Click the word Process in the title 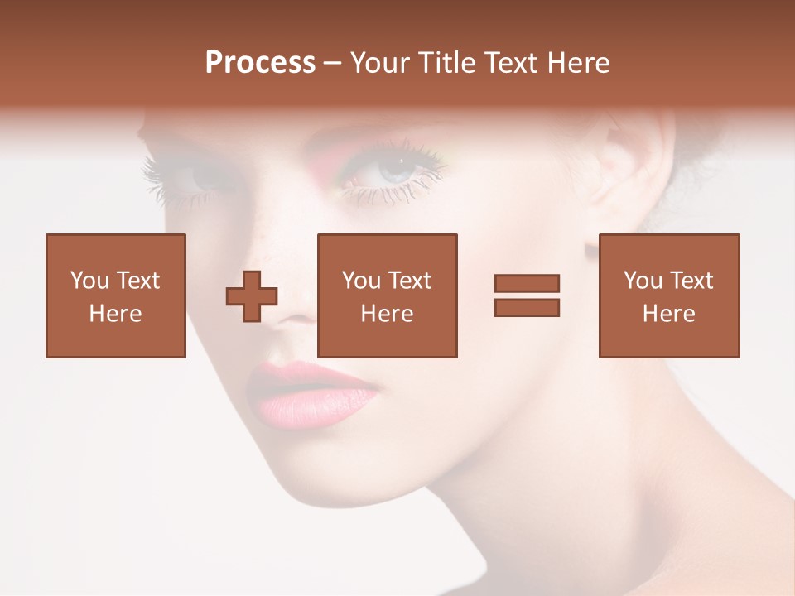click(x=260, y=63)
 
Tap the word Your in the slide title click(x=380, y=63)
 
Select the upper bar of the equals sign click(x=527, y=283)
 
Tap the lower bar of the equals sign click(x=527, y=307)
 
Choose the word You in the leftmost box click(x=89, y=281)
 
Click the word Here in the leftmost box click(x=115, y=314)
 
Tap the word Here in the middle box click(x=387, y=314)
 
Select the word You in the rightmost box click(x=643, y=281)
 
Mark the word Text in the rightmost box click(x=690, y=281)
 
